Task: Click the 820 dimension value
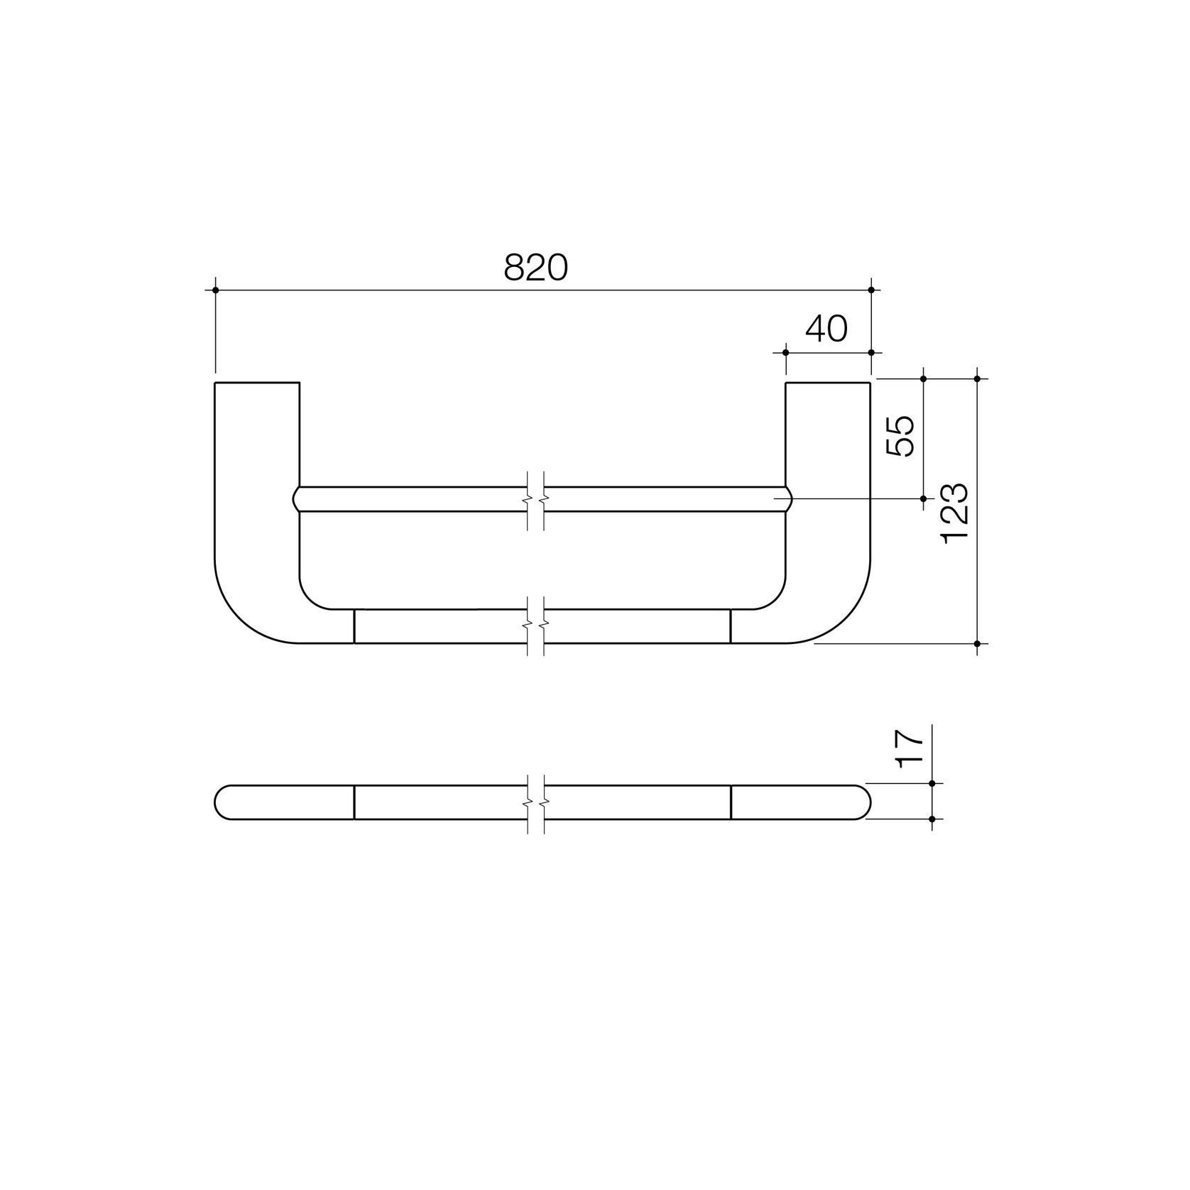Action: point(536,268)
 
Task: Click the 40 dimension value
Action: point(826,329)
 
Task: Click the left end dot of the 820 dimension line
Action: point(215,290)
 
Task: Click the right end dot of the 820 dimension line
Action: point(871,290)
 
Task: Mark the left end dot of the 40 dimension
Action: point(785,352)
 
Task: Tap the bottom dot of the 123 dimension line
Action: point(978,643)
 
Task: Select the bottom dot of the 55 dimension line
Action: point(924,498)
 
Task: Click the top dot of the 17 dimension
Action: point(932,783)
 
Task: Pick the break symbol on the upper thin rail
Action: point(536,500)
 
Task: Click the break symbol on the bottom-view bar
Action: point(536,802)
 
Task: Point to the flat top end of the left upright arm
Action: point(257,383)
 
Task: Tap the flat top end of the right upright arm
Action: point(828,383)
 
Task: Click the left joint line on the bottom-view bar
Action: point(354,802)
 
